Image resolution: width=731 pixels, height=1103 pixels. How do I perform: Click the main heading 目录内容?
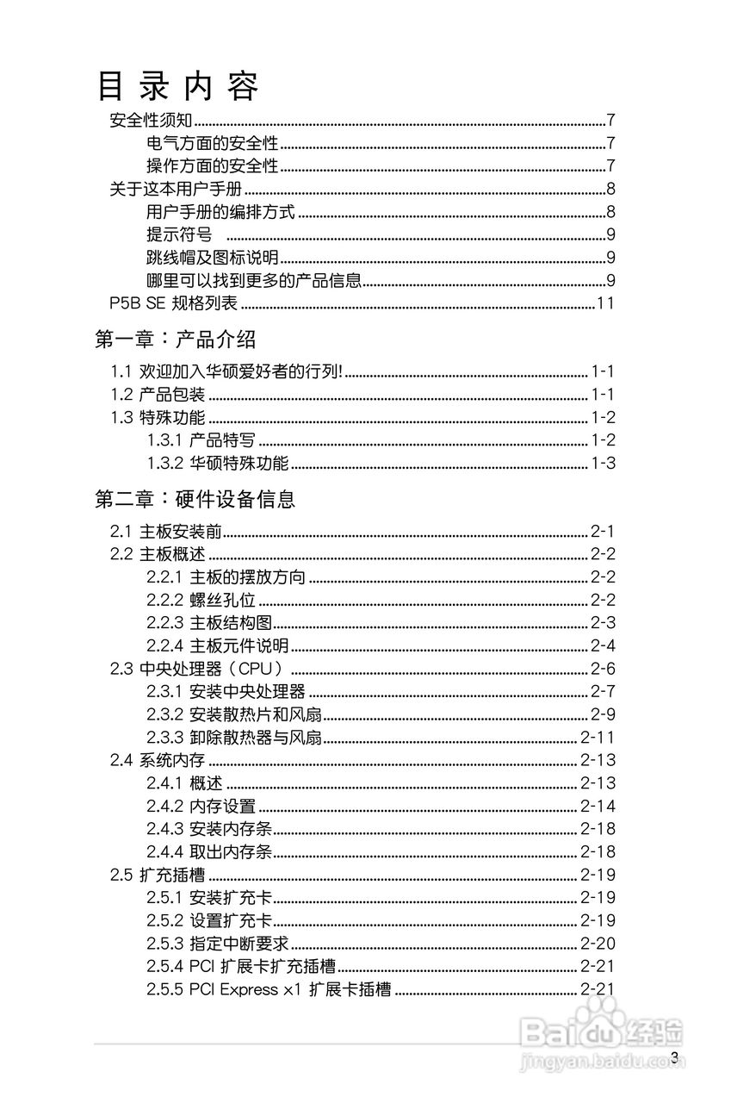tap(177, 86)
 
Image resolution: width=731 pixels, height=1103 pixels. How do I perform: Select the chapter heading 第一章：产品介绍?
tap(175, 339)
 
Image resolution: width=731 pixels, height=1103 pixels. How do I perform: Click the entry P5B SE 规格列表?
tap(173, 302)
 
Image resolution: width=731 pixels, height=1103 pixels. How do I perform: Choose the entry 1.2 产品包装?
tap(158, 395)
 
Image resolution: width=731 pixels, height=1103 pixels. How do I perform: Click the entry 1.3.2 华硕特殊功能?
tap(217, 463)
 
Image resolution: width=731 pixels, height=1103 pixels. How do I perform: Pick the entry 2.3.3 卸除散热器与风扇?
tap(233, 737)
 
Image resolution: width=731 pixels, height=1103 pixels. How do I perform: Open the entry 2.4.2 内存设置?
tap(201, 806)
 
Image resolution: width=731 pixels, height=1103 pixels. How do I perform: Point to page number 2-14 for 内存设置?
tap(598, 806)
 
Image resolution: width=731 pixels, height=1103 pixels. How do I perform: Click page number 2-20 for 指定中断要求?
tap(598, 943)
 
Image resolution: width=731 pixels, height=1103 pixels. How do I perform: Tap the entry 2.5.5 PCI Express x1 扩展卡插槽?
tap(268, 989)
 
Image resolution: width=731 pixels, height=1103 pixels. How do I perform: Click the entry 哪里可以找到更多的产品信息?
tap(253, 280)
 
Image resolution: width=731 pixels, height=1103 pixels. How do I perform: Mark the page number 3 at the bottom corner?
tap(675, 1058)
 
